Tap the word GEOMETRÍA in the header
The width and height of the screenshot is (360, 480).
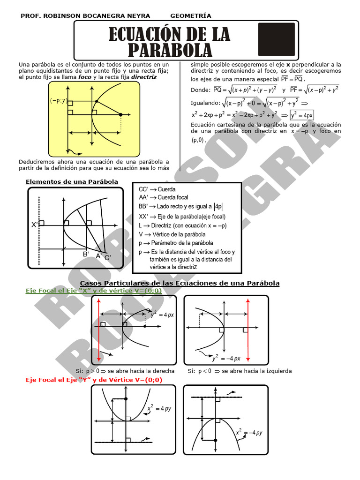point(191,16)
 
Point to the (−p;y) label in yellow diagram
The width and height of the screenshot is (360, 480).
point(59,100)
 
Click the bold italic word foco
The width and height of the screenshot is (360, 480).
point(85,77)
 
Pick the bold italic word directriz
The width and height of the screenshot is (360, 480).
point(144,77)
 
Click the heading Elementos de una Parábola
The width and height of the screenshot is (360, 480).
point(72,182)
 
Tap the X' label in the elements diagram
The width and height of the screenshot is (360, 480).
point(35,225)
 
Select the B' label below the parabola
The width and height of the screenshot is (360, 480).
point(86,254)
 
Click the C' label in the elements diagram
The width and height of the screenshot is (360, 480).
point(108,257)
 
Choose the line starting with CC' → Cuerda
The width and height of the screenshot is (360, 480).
point(157,189)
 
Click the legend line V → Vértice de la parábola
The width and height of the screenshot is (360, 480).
point(172,234)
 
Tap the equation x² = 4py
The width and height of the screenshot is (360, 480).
point(159,409)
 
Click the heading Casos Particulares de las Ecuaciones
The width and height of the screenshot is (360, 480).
point(180,283)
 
